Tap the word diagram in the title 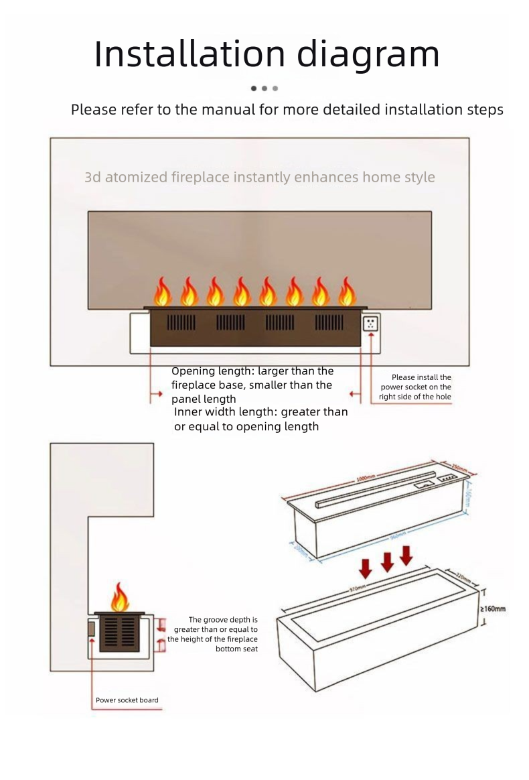pos(368,55)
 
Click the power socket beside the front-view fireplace pos(370,324)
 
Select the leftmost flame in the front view pos(163,292)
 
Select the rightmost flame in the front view pos(347,292)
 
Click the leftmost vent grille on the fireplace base pos(181,322)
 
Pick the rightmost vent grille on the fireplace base pos(329,322)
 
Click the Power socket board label pos(127,700)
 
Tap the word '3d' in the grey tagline pos(92,178)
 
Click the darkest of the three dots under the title pos(254,88)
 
